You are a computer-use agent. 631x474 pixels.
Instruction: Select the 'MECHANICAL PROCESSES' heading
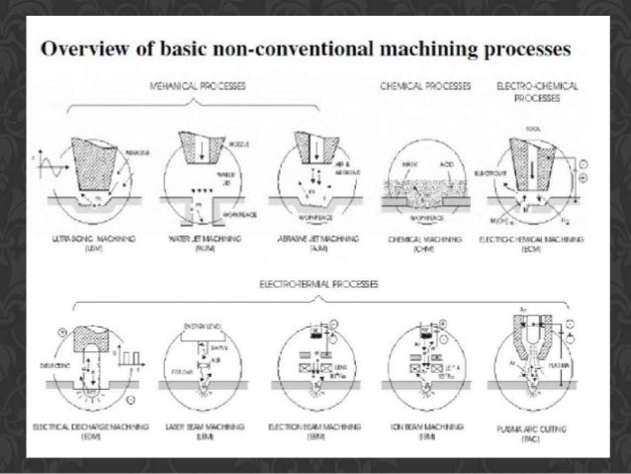[x=204, y=87]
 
